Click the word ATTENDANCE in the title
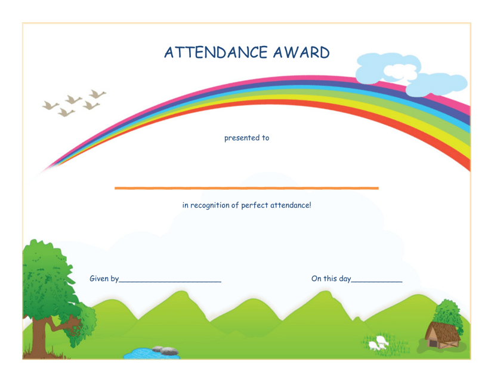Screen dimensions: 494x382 pyautogui.click(x=216, y=53)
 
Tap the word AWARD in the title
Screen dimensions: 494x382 pyautogui.click(x=301, y=53)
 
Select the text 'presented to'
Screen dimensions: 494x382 pyautogui.click(x=246, y=138)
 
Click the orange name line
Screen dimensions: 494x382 pyautogui.click(x=246, y=188)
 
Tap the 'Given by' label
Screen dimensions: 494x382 pyautogui.click(x=104, y=279)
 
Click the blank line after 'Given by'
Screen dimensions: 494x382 pyautogui.click(x=170, y=282)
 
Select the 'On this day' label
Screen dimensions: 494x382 pyautogui.click(x=331, y=279)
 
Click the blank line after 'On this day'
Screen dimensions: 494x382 pyautogui.click(x=377, y=282)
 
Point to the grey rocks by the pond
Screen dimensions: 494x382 pyautogui.click(x=165, y=350)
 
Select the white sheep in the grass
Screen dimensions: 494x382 pyautogui.click(x=379, y=343)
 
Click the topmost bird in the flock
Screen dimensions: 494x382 pyautogui.click(x=97, y=94)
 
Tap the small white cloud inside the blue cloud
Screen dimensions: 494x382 pyautogui.click(x=400, y=72)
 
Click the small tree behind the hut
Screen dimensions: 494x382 pyautogui.click(x=448, y=314)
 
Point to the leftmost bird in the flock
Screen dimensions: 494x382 pyautogui.click(x=50, y=105)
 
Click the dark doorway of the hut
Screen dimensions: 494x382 pyautogui.click(x=434, y=343)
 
